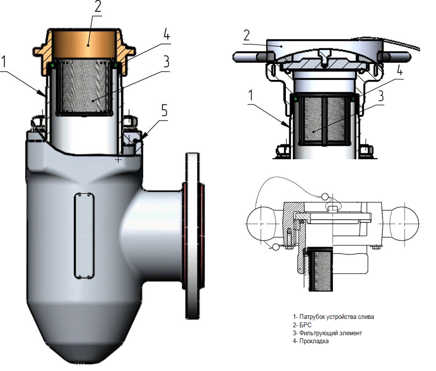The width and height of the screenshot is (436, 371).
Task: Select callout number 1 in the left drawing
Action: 4,62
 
